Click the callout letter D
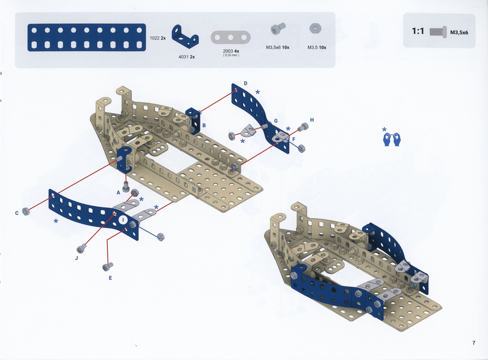point(246,83)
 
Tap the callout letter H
point(312,120)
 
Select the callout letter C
point(17,213)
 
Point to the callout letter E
point(110,278)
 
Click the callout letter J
point(76,258)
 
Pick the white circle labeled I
point(123,220)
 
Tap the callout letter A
point(118,193)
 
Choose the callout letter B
point(204,126)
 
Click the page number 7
point(474,343)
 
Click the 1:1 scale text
point(418,31)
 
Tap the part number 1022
point(155,38)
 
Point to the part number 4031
point(183,57)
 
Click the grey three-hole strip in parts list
point(231,37)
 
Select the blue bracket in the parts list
point(185,37)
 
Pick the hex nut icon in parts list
point(316,28)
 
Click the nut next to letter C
point(26,211)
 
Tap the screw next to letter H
point(303,127)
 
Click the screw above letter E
point(108,267)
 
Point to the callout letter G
point(276,121)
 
